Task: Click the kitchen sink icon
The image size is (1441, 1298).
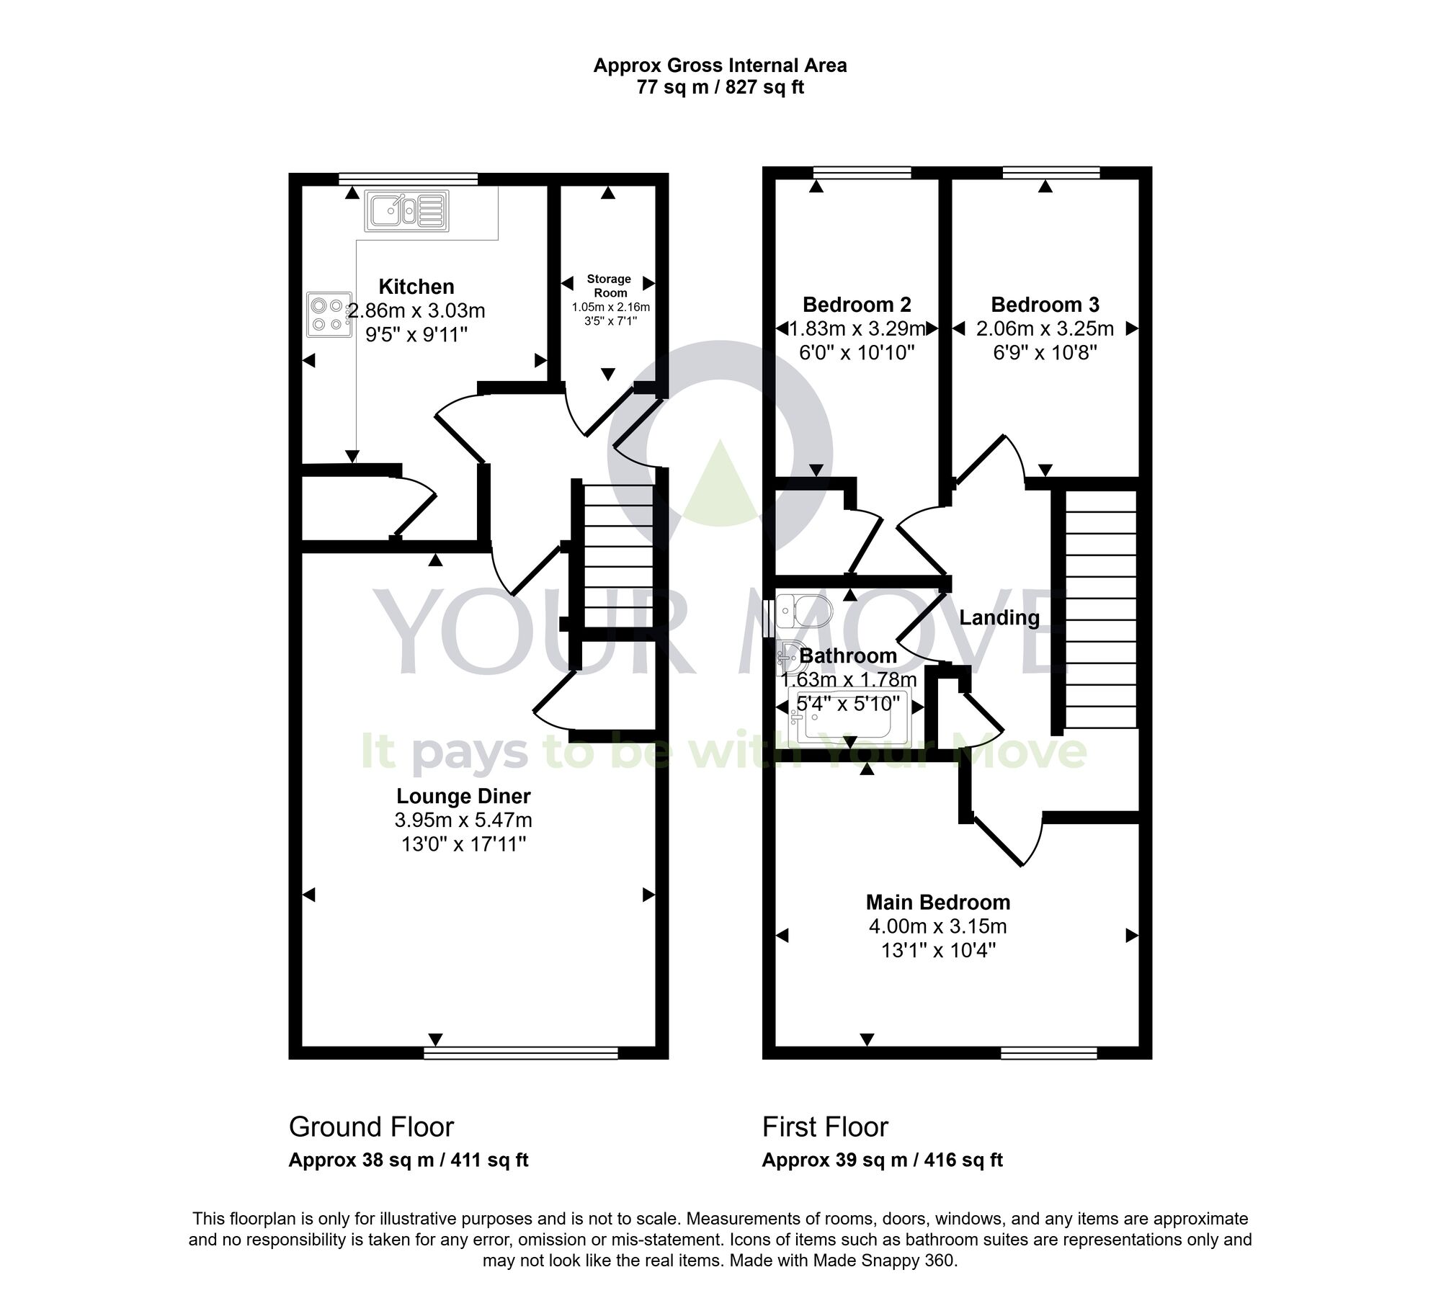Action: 406,210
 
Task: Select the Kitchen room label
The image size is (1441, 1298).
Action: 416,287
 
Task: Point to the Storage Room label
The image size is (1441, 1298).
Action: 609,286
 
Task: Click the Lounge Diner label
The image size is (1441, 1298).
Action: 463,796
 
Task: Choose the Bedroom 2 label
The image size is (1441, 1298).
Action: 857,305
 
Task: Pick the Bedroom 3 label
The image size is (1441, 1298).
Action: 1045,305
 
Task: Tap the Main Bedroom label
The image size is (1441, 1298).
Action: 937,902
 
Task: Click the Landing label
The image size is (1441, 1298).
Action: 999,617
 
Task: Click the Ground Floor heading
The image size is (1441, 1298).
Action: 371,1127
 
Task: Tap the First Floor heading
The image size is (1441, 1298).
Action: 825,1127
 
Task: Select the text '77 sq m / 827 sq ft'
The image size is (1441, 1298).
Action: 720,87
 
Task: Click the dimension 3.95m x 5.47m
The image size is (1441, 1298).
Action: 463,820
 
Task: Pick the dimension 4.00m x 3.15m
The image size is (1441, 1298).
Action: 937,926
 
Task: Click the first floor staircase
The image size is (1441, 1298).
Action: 1100,609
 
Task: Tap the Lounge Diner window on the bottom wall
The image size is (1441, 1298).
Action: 521,1054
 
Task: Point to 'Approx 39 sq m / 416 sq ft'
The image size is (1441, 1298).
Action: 882,1160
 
